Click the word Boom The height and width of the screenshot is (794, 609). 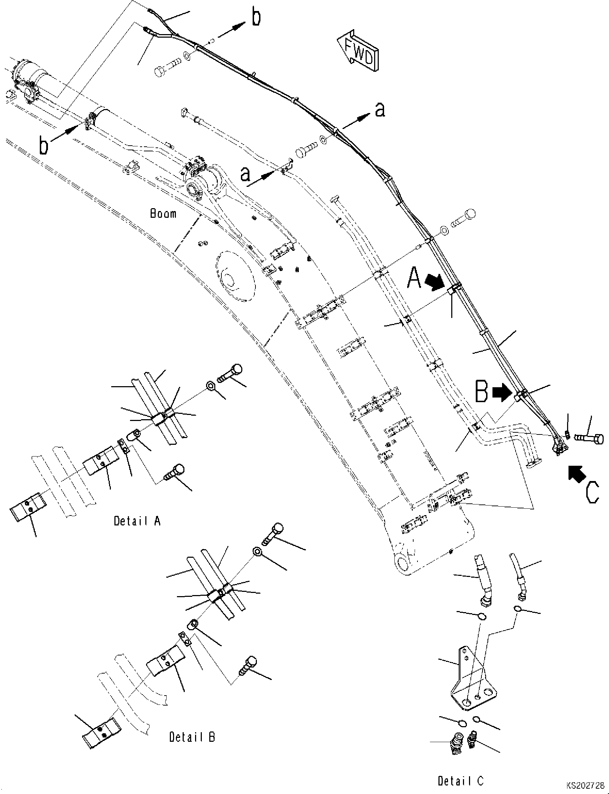pos(163,214)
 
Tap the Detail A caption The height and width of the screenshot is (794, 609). pos(137,521)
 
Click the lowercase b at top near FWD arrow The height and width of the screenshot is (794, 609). pos(256,17)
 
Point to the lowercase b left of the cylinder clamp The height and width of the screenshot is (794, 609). pos(43,145)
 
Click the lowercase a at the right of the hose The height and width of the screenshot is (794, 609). pos(379,109)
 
